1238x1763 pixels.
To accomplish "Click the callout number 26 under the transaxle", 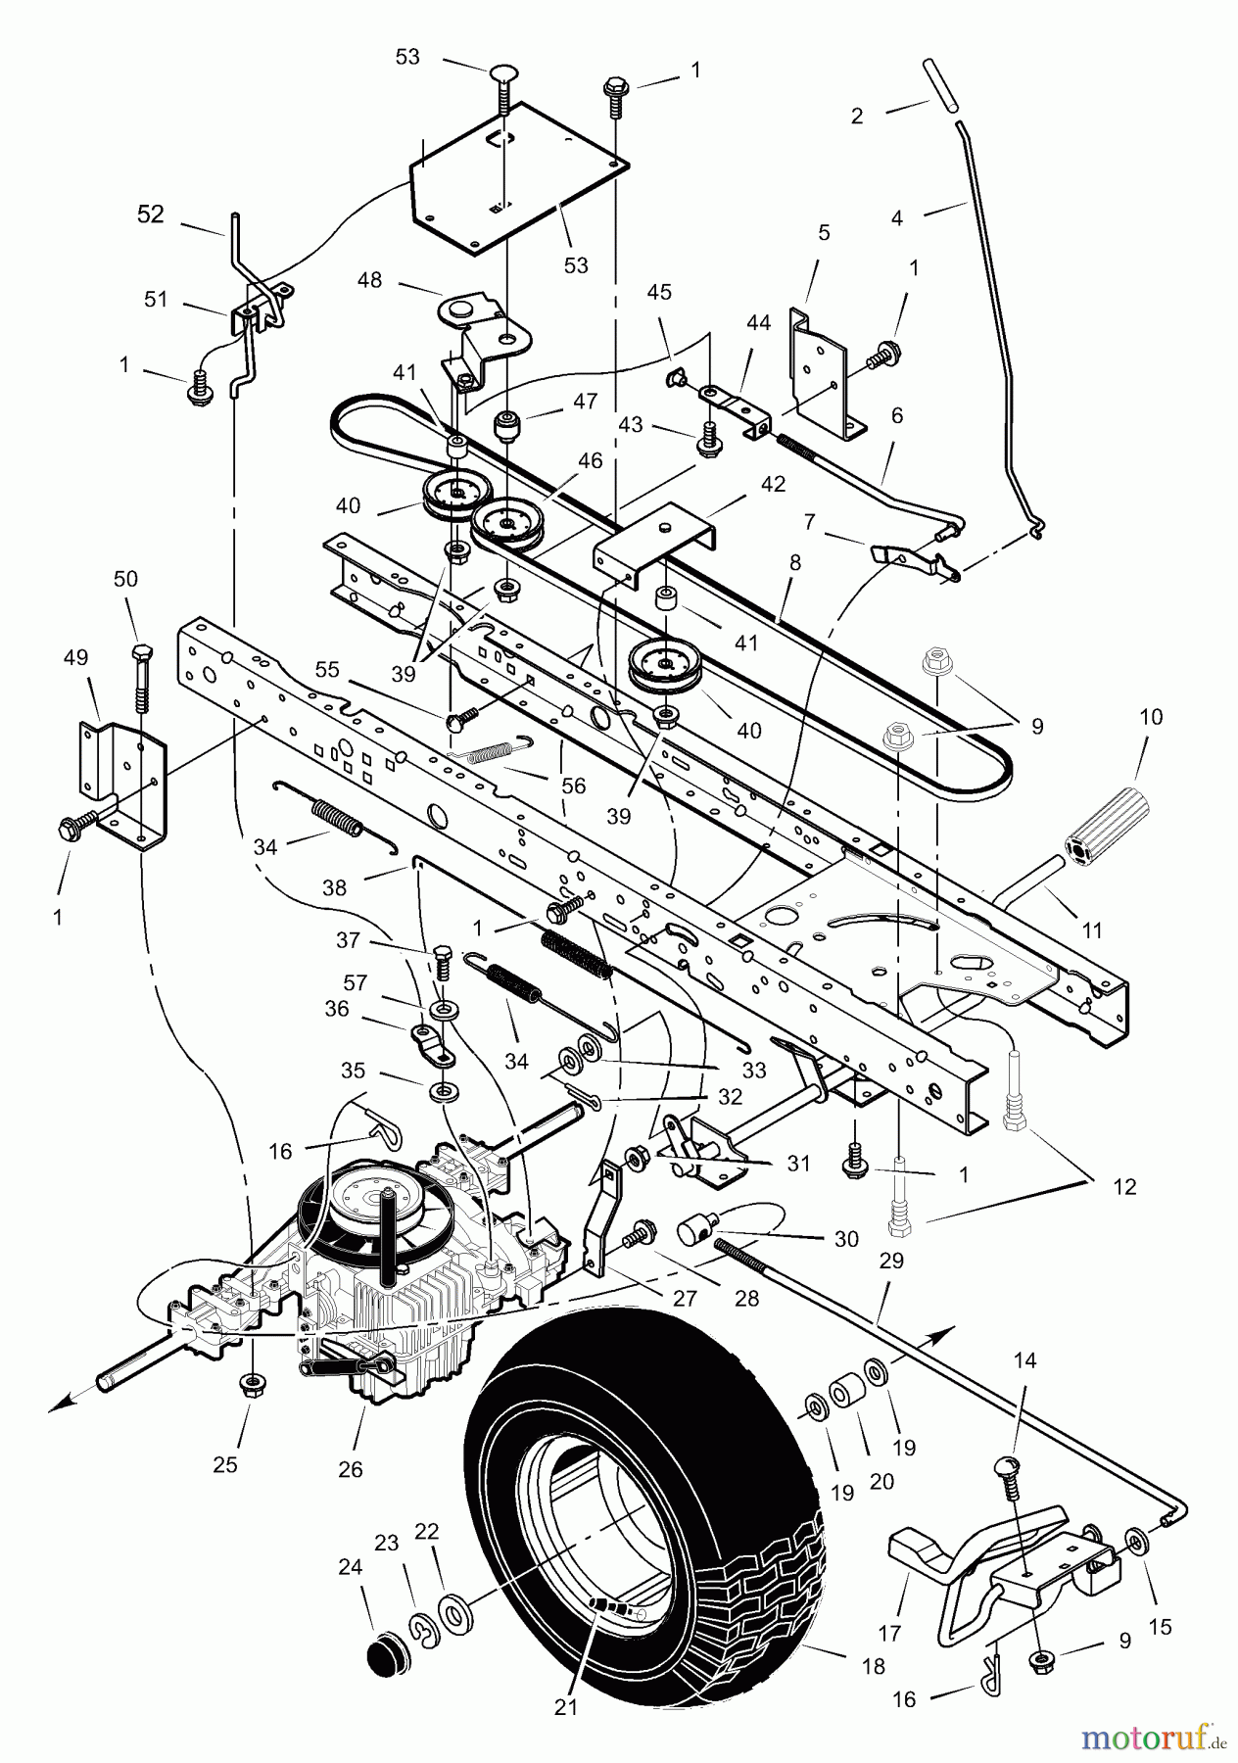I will click(350, 1469).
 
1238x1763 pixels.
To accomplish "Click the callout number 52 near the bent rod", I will click(151, 214).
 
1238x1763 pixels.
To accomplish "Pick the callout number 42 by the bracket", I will click(773, 484).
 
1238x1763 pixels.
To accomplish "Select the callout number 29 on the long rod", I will click(890, 1262).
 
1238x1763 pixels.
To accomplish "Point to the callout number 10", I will click(1151, 717).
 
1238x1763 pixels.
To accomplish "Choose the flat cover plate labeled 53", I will click(519, 176).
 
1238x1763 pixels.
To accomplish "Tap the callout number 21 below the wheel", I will click(566, 1706).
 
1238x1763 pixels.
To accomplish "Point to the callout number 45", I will click(659, 293).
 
